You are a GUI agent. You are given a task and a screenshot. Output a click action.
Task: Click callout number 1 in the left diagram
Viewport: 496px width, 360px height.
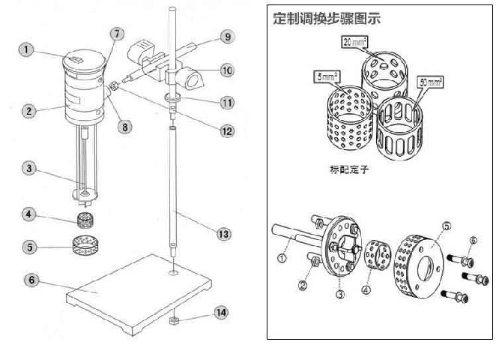26,50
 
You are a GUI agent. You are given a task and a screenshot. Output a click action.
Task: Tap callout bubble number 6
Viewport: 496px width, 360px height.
31,280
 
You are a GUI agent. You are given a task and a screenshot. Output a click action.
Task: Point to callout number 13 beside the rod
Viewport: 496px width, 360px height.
223,235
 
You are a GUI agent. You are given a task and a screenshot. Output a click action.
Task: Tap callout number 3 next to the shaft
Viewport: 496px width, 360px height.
29,169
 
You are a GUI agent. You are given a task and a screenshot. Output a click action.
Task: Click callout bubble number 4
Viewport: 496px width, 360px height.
29,214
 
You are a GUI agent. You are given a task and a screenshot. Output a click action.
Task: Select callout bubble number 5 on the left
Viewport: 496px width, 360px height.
29,245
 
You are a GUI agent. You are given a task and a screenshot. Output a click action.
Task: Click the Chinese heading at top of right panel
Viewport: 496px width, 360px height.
327,18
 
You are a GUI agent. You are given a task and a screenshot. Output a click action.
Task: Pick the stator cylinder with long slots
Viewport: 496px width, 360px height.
408,125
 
